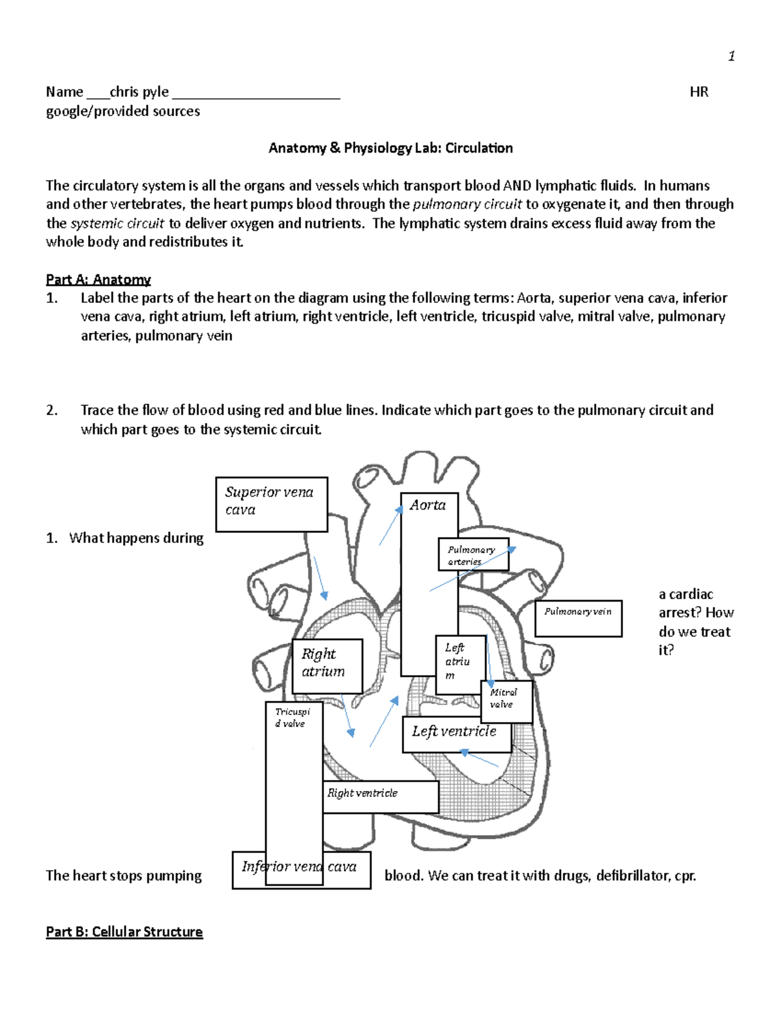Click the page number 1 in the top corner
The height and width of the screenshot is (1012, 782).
pos(731,57)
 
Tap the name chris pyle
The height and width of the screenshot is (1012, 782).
pos(139,92)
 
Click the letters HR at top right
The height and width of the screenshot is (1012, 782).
pos(699,92)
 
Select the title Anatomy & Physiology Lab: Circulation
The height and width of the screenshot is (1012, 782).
pos(390,148)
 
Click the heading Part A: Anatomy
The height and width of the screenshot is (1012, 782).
pos(98,280)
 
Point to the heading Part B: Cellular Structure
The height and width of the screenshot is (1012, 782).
pos(124,932)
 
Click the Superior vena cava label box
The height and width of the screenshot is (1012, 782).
pos(271,504)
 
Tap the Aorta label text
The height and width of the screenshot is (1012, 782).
pos(427,505)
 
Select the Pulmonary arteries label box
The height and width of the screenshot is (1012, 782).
pos(473,555)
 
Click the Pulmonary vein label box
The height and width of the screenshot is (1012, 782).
pos(578,618)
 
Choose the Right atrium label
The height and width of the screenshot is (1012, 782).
pos(327,665)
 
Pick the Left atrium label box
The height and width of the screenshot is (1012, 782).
pos(459,663)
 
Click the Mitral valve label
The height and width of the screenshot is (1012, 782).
pos(506,701)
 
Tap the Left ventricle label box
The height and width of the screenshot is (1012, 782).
pos(454,733)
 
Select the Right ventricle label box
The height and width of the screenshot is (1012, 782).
pos(380,796)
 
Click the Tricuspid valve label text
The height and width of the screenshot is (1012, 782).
pos(293,717)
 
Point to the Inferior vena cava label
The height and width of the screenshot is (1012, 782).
pos(301,869)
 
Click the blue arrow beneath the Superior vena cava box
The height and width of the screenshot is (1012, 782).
pos(321,578)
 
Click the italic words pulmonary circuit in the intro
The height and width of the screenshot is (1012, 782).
pos(467,205)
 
